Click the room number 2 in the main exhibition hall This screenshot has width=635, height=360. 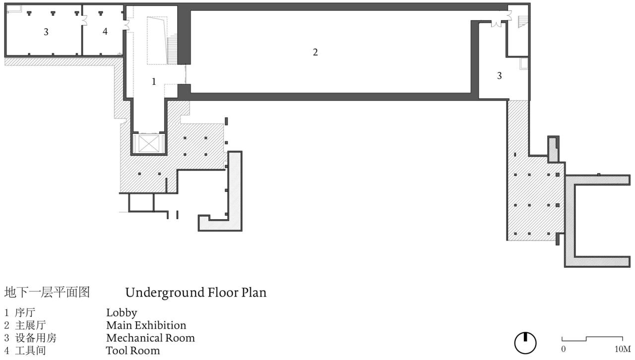[315, 52]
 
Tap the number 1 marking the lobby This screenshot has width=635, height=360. [154, 82]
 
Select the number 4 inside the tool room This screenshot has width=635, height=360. [105, 31]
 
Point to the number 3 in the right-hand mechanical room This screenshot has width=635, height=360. [499, 76]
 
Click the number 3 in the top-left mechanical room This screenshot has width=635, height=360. [46, 32]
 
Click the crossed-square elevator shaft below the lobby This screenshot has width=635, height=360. [149, 143]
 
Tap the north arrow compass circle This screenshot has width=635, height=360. [525, 343]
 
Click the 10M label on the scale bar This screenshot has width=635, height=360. [623, 349]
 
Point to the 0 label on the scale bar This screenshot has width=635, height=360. [563, 349]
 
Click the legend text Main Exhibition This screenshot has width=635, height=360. [146, 325]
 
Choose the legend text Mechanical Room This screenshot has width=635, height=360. [150, 338]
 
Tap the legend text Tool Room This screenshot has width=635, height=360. [133, 351]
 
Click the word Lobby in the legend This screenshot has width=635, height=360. [122, 313]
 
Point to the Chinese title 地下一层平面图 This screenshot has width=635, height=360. [47, 292]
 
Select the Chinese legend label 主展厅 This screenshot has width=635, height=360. [31, 325]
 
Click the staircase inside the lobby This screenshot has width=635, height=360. [172, 50]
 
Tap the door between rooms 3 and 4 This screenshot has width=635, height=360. [84, 20]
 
